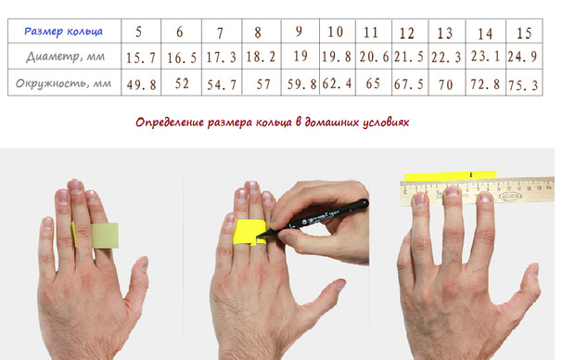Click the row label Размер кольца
[64, 32]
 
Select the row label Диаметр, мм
[65, 57]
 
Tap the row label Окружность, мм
[64, 84]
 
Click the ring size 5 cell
[138, 32]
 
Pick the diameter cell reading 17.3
[221, 58]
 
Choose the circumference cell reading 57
[263, 84]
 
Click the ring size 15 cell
[524, 33]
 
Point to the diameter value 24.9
[522, 57]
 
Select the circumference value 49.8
[142, 84]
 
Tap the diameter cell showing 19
[301, 56]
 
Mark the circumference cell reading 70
[445, 84]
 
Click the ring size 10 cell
[336, 32]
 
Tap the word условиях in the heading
[386, 122]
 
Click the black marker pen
[313, 218]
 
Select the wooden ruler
[478, 192]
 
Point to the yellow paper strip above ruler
[450, 175]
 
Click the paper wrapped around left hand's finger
[96, 236]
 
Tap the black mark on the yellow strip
[471, 174]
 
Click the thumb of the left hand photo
[136, 282]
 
